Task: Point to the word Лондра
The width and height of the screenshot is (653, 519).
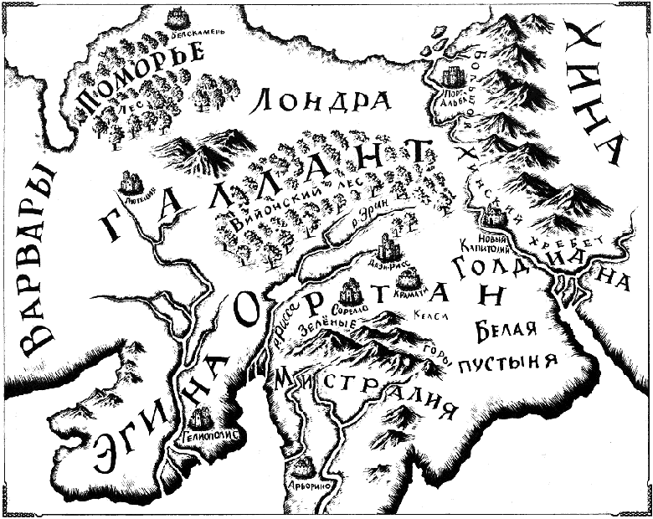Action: coord(321,101)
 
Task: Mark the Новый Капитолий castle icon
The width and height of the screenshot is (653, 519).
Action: coord(496,218)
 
